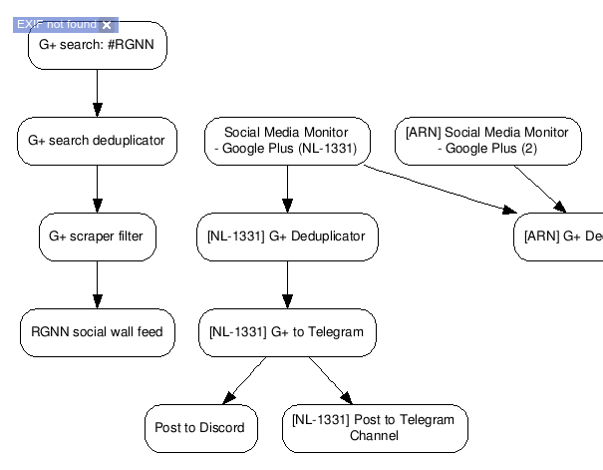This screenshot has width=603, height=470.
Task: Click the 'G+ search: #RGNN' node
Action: [x=97, y=46]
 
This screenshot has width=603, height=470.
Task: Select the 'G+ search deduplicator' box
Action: [x=97, y=141]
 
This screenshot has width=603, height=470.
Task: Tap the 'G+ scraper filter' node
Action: [x=97, y=236]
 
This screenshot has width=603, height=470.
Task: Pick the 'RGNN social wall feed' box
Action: [x=97, y=331]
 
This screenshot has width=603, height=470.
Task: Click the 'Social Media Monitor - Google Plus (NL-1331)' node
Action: [x=287, y=141]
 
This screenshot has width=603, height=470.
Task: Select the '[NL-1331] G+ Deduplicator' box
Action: [x=287, y=236]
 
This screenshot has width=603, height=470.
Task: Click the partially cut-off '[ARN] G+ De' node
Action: [x=559, y=236]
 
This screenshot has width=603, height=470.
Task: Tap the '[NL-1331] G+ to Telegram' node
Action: [x=287, y=331]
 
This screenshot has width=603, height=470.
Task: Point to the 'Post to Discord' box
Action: [x=200, y=427]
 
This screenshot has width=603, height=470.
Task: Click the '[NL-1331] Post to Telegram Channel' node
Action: [x=374, y=427]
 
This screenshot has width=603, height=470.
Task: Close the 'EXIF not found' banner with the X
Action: [x=107, y=24]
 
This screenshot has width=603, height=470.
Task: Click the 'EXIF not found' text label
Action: [x=56, y=24]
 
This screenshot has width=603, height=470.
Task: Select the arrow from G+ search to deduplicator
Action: [x=97, y=93]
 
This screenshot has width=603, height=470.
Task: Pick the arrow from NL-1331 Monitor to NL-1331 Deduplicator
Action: [x=287, y=189]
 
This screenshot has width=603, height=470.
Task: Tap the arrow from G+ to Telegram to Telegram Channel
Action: [x=330, y=379]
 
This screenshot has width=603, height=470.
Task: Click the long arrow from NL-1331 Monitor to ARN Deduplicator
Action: [x=439, y=189]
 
